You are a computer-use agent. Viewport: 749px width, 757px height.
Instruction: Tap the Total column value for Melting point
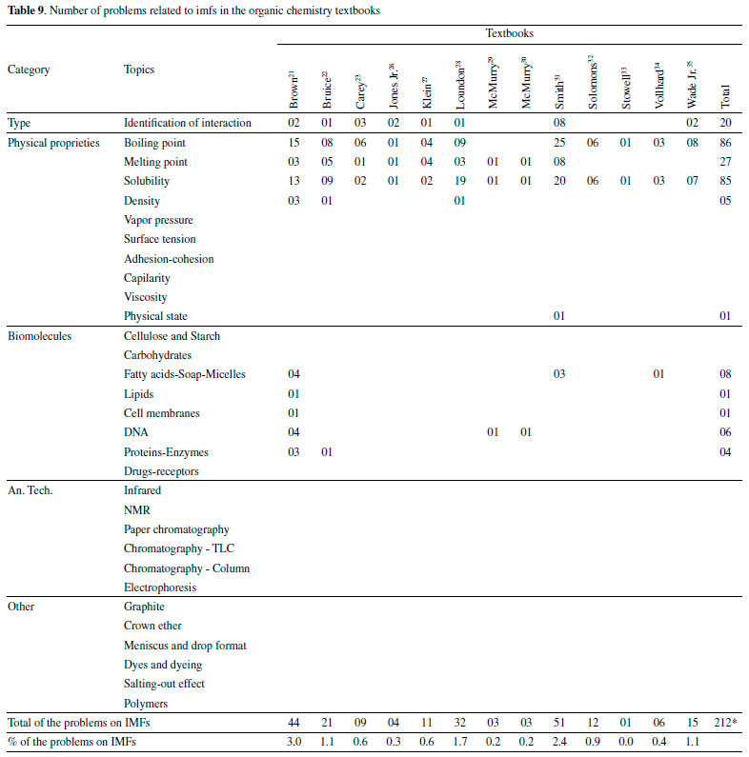pyautogui.click(x=725, y=162)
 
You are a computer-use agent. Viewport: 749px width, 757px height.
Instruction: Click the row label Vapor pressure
pyautogui.click(x=158, y=220)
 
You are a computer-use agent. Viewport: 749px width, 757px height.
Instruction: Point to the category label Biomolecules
pyautogui.click(x=39, y=336)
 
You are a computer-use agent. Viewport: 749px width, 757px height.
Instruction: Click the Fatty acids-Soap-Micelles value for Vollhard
pyautogui.click(x=658, y=374)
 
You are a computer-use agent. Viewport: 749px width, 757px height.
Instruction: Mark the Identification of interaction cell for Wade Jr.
pyautogui.click(x=692, y=123)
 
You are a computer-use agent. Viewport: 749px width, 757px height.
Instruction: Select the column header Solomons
pyautogui.click(x=593, y=82)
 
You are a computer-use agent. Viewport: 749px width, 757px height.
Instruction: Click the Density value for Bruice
pyautogui.click(x=327, y=201)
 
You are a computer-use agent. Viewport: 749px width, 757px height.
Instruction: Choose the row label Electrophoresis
pyautogui.click(x=161, y=588)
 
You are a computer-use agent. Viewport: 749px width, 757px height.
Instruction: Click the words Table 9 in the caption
pyautogui.click(x=26, y=10)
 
